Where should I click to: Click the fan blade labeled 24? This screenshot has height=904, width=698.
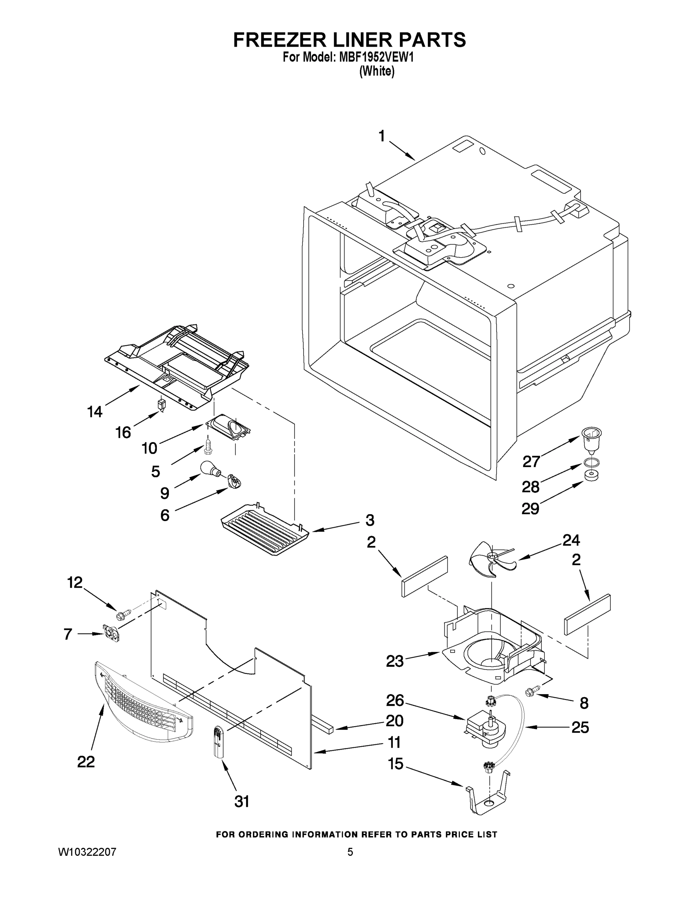pyautogui.click(x=491, y=559)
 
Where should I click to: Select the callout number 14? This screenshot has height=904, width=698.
pyautogui.click(x=95, y=411)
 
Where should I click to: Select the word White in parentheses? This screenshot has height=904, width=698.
pyautogui.click(x=377, y=71)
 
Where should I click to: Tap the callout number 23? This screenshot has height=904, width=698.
pyautogui.click(x=394, y=661)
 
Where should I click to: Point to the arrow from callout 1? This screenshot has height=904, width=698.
pyautogui.click(x=402, y=151)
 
